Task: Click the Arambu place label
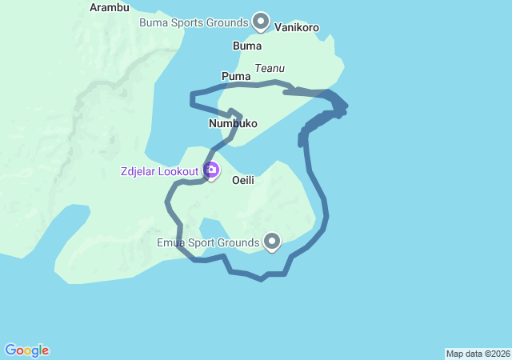tap(110, 7)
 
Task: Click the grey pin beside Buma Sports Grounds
tap(261, 21)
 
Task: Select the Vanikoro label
tap(297, 27)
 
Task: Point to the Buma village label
tap(246, 46)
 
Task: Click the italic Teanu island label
tap(270, 69)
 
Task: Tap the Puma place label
tap(236, 76)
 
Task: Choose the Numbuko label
tap(233, 123)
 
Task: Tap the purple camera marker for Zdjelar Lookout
tap(212, 170)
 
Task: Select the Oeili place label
tap(243, 180)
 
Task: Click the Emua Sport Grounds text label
tap(207, 242)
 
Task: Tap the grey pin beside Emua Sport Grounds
tap(273, 240)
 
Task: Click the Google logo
tap(26, 350)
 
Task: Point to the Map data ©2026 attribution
tap(478, 354)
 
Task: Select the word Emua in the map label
tap(170, 242)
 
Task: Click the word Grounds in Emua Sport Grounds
tap(239, 242)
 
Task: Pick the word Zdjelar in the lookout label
tap(139, 170)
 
